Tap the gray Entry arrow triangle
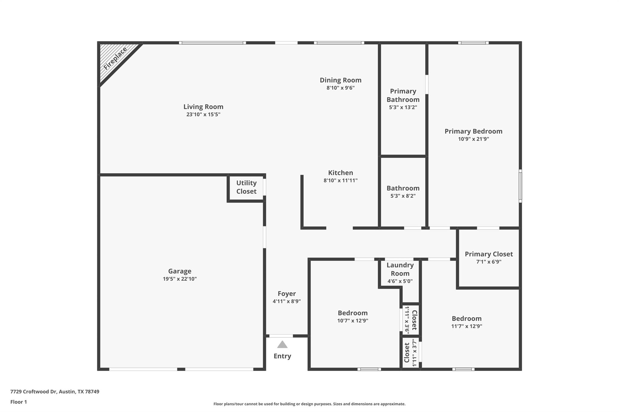[x=282, y=344]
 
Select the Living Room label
[x=203, y=107]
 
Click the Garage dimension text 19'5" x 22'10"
[x=180, y=279]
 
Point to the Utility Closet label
[x=246, y=187]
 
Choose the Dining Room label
[x=341, y=80]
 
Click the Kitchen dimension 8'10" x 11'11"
[x=341, y=180]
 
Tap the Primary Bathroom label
[x=403, y=95]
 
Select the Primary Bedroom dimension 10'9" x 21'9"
[x=474, y=139]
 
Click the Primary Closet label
[x=489, y=254]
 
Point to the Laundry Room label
[x=400, y=269]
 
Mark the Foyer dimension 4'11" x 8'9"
[x=287, y=301]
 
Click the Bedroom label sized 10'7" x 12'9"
[x=353, y=313]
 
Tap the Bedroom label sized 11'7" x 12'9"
[x=467, y=318]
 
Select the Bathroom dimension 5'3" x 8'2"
[x=403, y=196]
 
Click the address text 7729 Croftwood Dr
[x=34, y=391]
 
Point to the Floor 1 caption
[x=19, y=402]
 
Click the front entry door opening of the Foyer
[x=281, y=336]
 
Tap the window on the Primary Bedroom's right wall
[x=520, y=186]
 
